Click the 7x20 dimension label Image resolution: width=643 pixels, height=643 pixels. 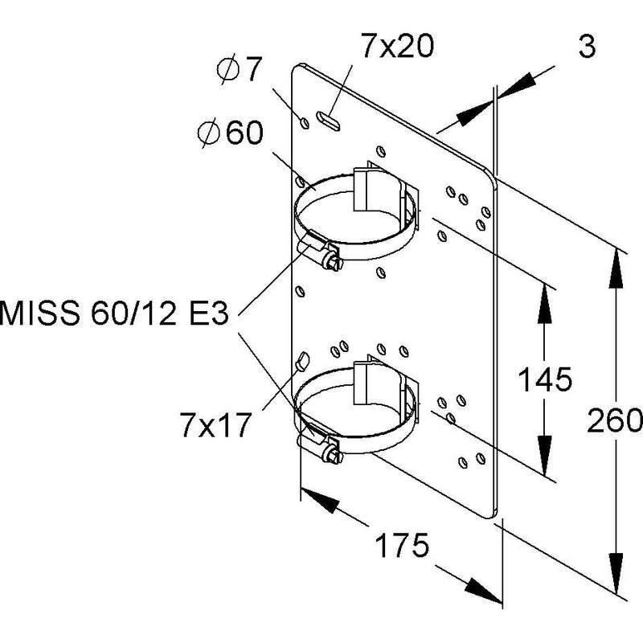397,46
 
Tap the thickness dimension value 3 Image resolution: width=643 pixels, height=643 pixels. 587,46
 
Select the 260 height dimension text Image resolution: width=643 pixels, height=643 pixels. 614,420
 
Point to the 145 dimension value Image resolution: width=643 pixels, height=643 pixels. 545,379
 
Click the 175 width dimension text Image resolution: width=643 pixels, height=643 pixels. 403,545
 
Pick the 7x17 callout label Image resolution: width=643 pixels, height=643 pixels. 215,425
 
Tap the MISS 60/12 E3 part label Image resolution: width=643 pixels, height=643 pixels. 114,313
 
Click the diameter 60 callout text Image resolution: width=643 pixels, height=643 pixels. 230,133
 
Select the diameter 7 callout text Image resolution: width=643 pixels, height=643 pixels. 239,69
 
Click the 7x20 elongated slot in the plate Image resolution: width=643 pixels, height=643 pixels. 328,121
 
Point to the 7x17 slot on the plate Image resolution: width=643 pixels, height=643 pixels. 303,360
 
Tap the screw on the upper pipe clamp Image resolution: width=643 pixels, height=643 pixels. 331,260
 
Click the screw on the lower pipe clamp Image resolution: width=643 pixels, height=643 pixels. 332,454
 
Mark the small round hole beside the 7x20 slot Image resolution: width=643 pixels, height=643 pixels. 305,122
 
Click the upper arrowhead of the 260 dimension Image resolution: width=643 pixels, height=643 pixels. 616,270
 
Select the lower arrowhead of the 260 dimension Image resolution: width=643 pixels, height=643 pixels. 616,573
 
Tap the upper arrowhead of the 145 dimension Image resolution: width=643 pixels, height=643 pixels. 545,304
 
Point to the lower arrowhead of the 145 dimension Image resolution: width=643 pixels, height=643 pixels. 545,455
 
